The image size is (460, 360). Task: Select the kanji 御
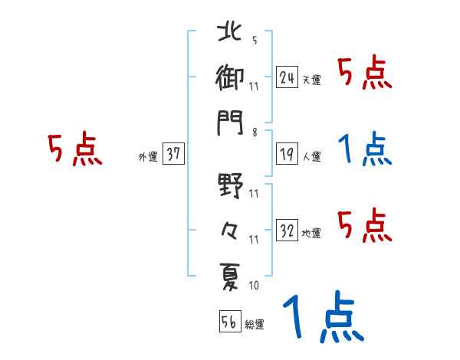coord(231,77)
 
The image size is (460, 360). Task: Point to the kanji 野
coord(231,186)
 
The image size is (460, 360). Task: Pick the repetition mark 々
coord(231,230)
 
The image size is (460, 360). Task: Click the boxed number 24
coord(287,77)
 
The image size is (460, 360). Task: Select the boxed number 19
coord(287,154)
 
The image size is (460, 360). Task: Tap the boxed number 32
coord(287,230)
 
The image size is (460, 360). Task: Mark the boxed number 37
coord(173,154)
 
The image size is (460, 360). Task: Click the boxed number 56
coord(228,322)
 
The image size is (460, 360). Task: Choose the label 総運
coord(253,325)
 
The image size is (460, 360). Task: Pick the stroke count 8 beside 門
coord(254,133)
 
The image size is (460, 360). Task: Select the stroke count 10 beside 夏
coord(254,286)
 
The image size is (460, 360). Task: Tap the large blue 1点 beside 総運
coord(322,318)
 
